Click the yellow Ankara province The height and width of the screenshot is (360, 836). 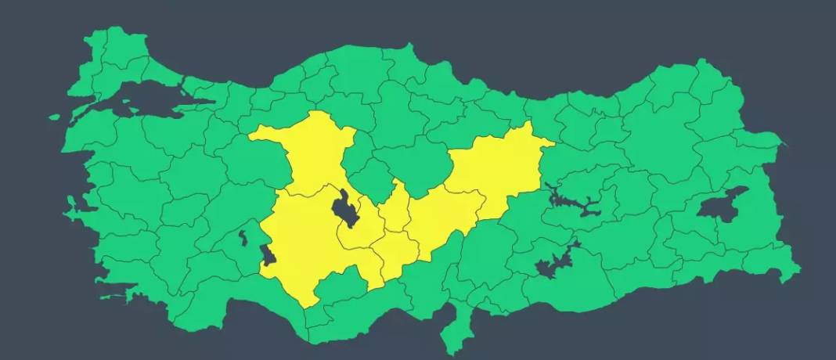pyautogui.click(x=313, y=153)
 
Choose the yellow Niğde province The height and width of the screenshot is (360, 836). pyautogui.click(x=399, y=254)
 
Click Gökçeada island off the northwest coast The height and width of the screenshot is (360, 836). pyautogui.click(x=54, y=117)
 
